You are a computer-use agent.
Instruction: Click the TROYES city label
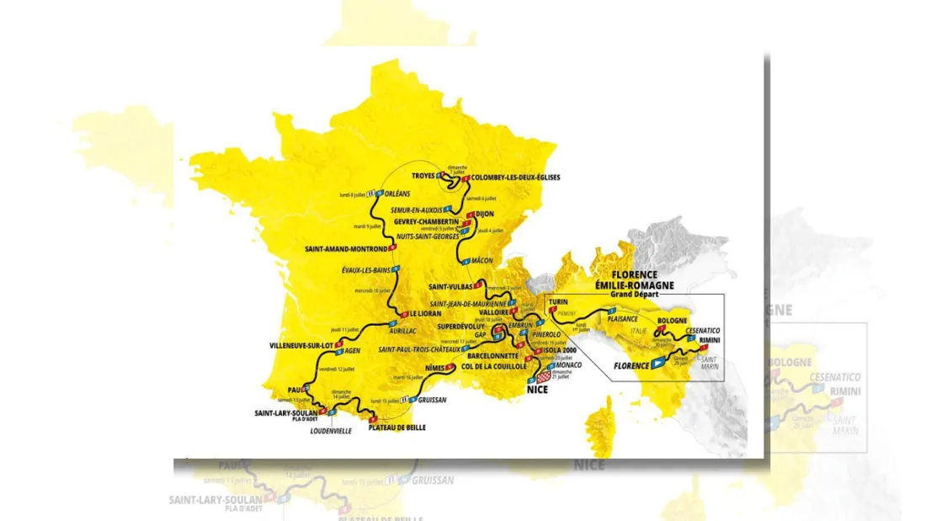pos(423,176)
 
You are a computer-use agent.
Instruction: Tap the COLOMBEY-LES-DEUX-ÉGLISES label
pos(515,178)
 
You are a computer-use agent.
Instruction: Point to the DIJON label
pos(484,215)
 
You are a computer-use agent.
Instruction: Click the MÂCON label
pos(482,261)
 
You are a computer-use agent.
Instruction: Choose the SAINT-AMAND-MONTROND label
pos(346,249)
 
